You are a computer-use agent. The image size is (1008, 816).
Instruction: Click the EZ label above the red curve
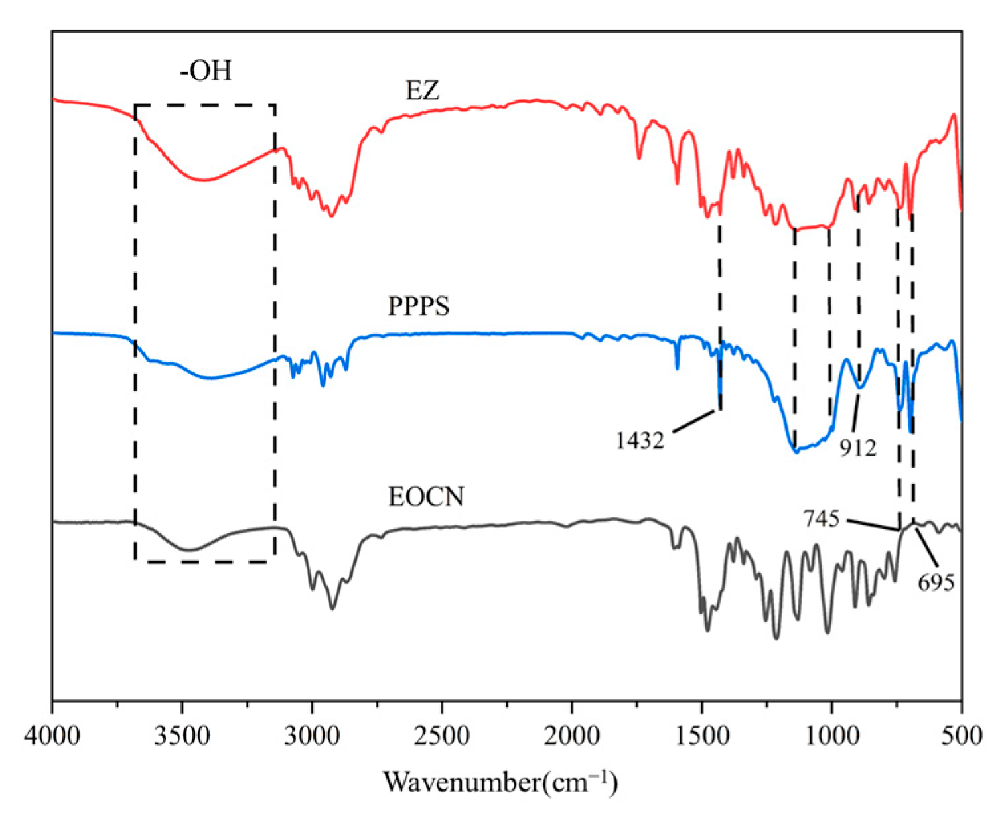(423, 90)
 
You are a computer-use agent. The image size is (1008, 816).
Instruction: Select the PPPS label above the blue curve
(419, 306)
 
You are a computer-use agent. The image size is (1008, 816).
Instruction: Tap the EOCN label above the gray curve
(426, 497)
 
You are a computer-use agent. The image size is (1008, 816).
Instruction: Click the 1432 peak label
(640, 441)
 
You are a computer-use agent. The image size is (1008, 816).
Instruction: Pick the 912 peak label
(858, 448)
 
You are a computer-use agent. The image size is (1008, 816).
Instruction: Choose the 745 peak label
(822, 519)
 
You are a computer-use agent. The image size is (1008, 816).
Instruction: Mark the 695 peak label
(936, 582)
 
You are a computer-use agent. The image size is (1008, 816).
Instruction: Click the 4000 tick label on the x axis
(52, 736)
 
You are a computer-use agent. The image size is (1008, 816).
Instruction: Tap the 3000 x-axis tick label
(312, 736)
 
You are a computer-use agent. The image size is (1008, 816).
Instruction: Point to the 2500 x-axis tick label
(441, 736)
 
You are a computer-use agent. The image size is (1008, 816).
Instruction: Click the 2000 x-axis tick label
(571, 736)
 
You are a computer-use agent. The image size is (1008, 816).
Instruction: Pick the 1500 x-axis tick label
(701, 736)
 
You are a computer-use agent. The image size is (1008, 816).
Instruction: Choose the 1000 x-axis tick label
(831, 736)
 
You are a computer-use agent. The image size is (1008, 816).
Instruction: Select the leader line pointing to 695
(928, 549)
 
